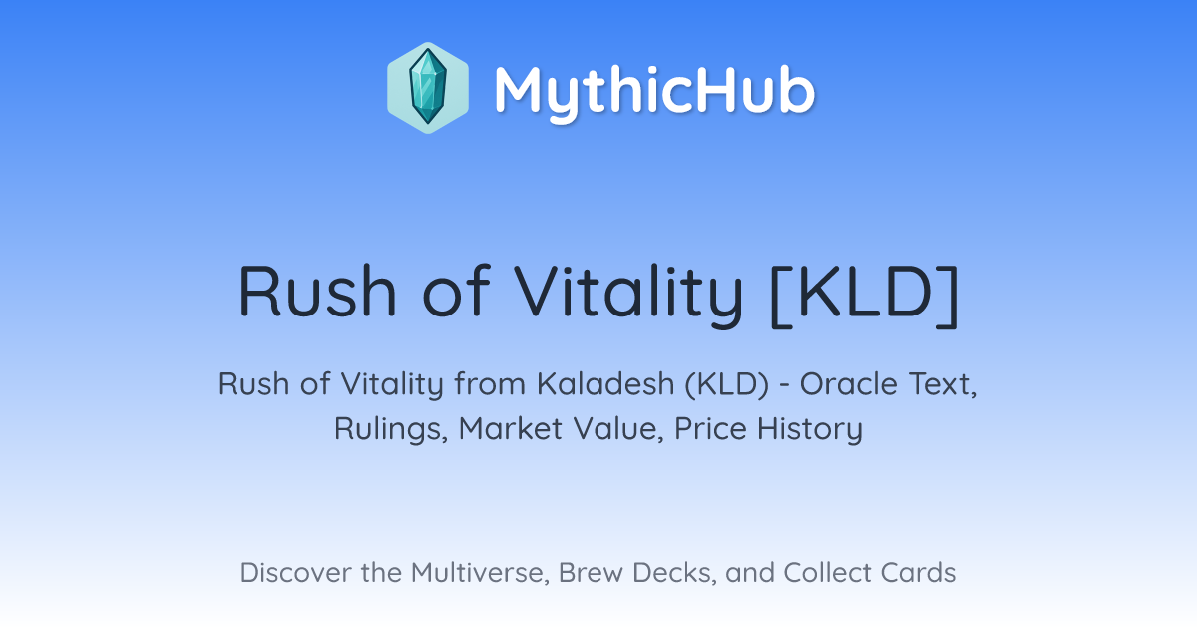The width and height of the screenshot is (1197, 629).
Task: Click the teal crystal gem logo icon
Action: [428, 88]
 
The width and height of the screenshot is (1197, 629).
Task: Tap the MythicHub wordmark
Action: [654, 92]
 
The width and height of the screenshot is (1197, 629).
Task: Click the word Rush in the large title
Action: [317, 292]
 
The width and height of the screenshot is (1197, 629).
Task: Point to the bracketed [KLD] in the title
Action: [865, 296]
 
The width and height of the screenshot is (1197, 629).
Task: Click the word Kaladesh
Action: [605, 383]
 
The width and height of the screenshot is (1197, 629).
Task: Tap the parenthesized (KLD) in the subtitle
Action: [727, 384]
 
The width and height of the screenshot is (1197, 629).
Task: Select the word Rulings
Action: [391, 429]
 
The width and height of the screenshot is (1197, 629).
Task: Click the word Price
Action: [710, 428]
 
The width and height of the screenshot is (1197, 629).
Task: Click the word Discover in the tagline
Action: [295, 572]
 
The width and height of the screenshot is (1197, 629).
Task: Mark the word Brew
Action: [591, 572]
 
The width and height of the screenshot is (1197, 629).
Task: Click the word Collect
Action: [827, 572]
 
